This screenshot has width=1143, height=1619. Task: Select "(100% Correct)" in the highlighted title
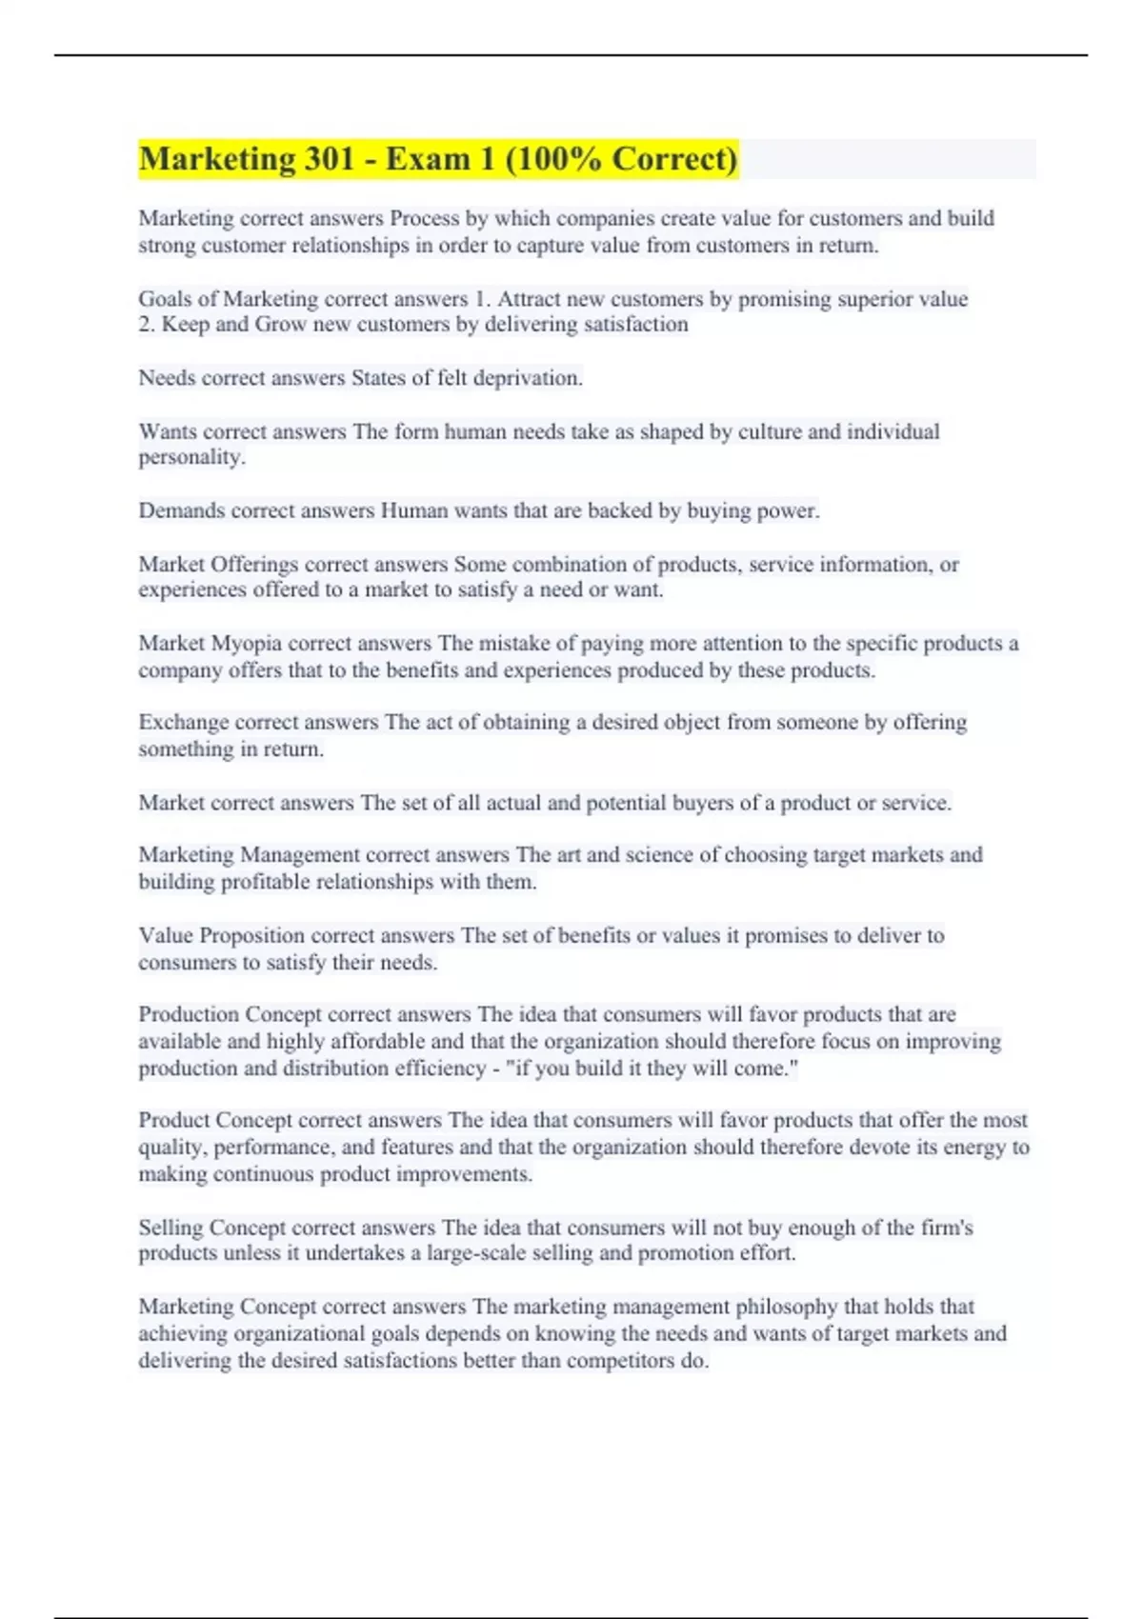[x=621, y=159]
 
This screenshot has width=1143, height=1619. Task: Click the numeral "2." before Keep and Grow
[x=147, y=325]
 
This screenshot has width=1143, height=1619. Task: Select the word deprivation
[x=528, y=378]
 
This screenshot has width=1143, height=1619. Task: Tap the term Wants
[x=168, y=431]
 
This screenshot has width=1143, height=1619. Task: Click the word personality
[x=190, y=457]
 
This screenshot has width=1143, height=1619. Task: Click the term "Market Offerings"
[x=218, y=564]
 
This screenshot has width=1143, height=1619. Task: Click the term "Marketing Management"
[x=249, y=854]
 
